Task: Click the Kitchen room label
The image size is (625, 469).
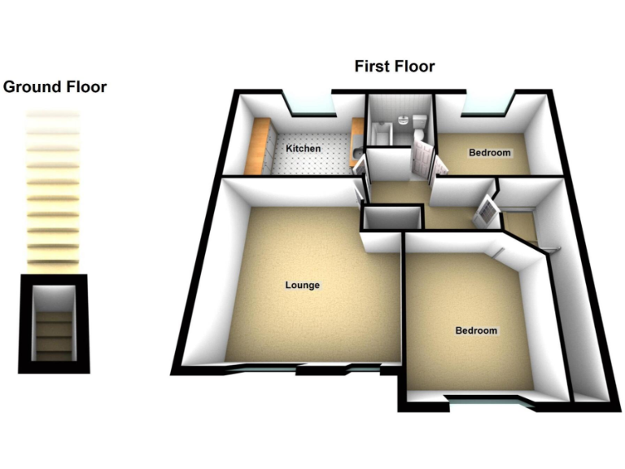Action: point(303,149)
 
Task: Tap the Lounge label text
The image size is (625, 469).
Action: point(302,285)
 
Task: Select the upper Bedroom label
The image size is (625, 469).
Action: point(490,153)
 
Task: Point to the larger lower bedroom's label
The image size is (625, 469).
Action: point(476,331)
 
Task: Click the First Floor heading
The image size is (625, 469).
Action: point(394,67)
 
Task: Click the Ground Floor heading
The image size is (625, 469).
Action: point(55,86)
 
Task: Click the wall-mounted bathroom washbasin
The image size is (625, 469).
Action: point(403,120)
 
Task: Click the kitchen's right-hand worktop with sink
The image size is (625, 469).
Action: point(356,142)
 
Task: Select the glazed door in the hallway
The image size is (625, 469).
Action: point(485,209)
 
